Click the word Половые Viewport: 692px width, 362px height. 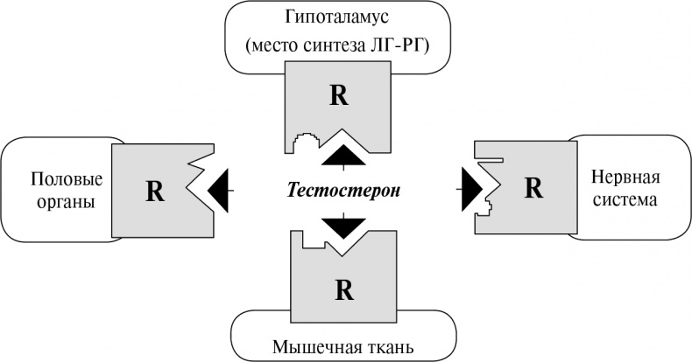click(67, 178)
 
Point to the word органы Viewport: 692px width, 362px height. click(67, 200)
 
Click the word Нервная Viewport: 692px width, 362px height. click(625, 178)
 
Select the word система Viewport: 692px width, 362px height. click(624, 199)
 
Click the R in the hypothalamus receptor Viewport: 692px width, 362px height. click(338, 95)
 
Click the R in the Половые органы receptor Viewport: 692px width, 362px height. click(154, 191)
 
